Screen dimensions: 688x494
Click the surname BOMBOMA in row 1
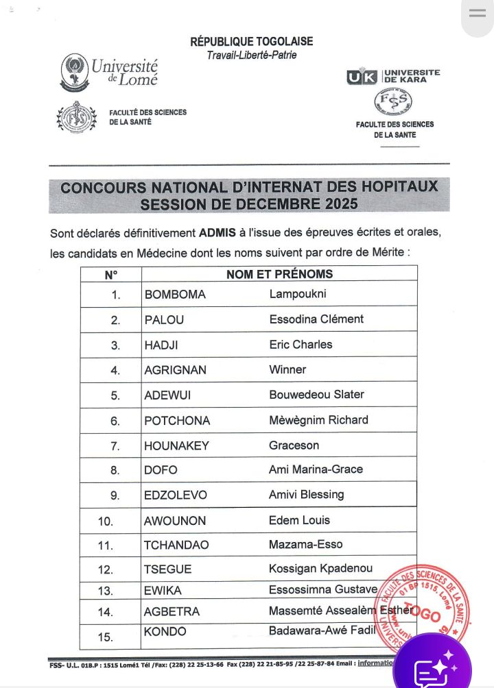coord(175,295)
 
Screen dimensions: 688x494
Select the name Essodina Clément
coord(316,319)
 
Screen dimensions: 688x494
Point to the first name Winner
coord(287,370)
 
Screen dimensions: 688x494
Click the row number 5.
coord(115,395)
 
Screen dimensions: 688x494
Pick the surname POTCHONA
coord(177,421)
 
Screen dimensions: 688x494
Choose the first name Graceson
coord(294,445)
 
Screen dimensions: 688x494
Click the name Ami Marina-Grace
coord(316,470)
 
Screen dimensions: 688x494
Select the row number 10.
coord(106,521)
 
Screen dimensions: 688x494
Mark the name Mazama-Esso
coord(306,545)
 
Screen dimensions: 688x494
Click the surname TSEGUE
coord(168,570)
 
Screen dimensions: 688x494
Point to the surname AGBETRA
coord(172,612)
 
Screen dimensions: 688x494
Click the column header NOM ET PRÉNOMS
coord(279,274)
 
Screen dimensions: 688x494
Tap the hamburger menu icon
coord(477,13)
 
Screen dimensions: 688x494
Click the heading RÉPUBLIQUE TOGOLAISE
coord(251,42)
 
